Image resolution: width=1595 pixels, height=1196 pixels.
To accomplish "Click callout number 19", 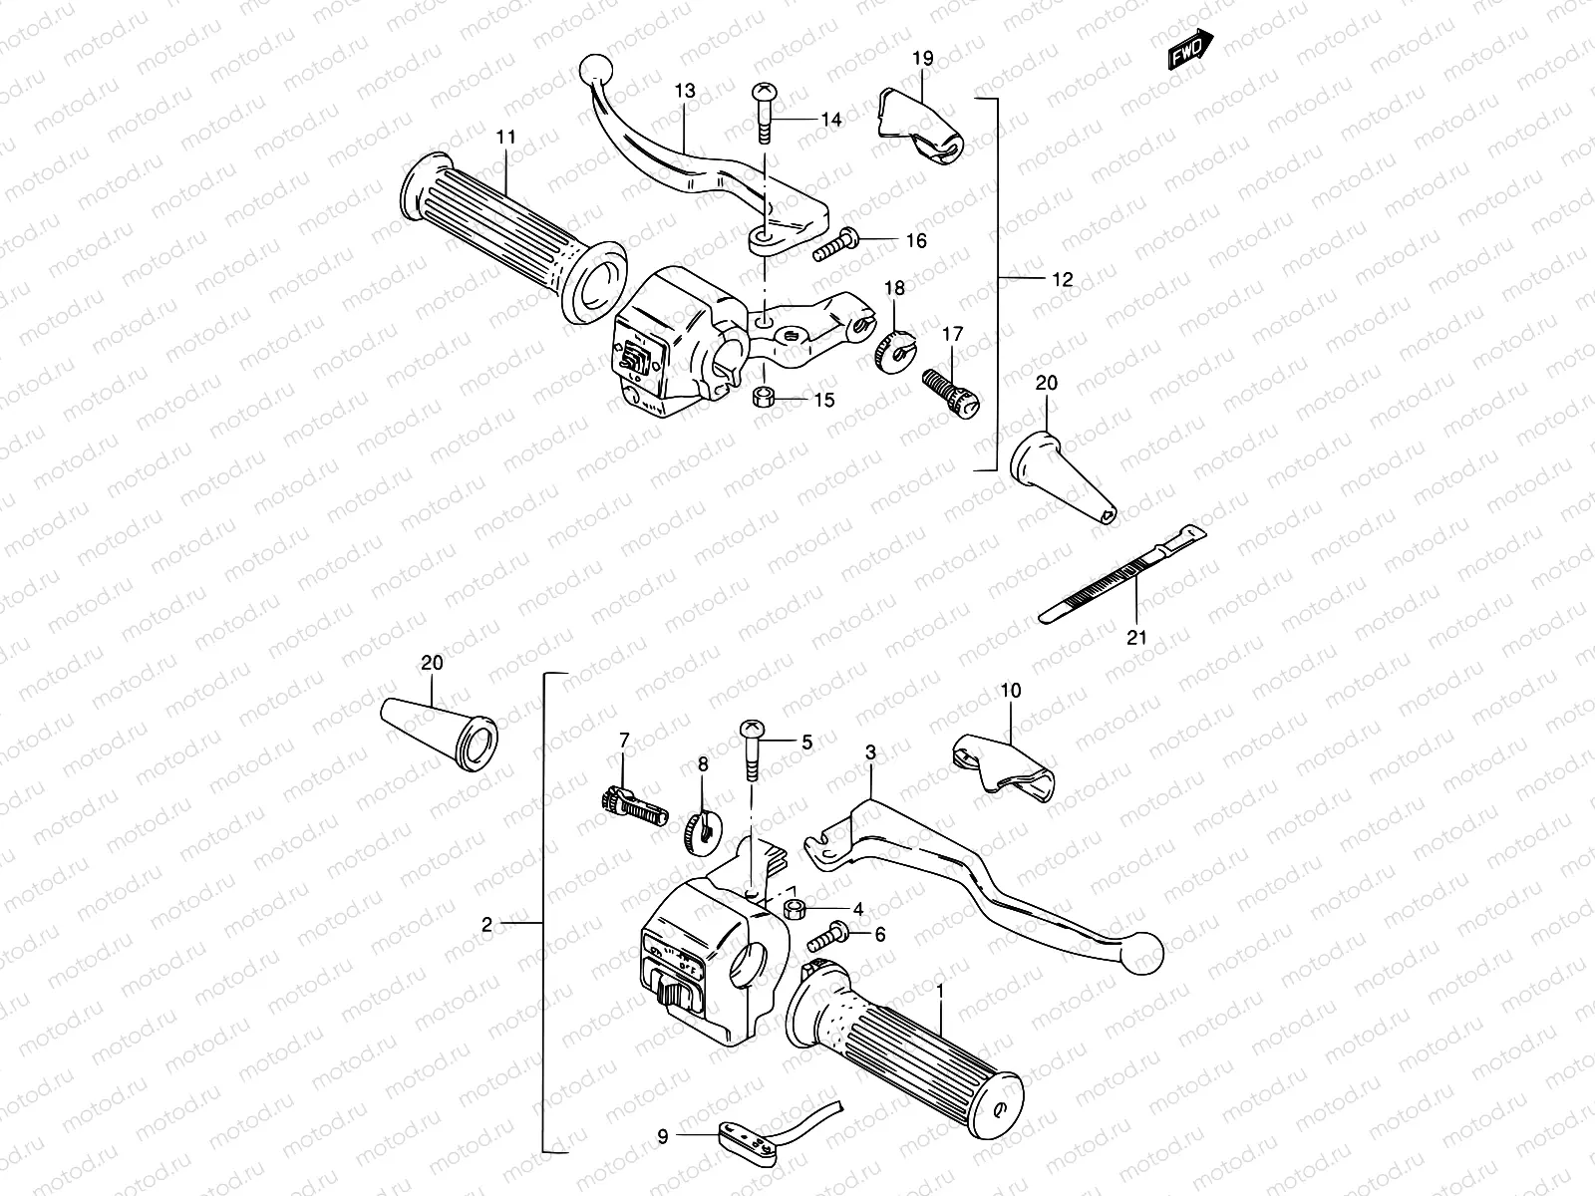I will pyautogui.click(x=922, y=60).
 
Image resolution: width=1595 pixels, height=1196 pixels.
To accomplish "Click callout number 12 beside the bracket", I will pyautogui.click(x=1063, y=280).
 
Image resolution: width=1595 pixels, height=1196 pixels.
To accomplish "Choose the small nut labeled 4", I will pyautogui.click(x=797, y=909).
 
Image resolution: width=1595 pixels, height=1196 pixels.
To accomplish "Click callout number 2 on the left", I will pyautogui.click(x=486, y=925).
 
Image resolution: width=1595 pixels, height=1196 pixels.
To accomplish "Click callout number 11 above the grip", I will pyautogui.click(x=506, y=137).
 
